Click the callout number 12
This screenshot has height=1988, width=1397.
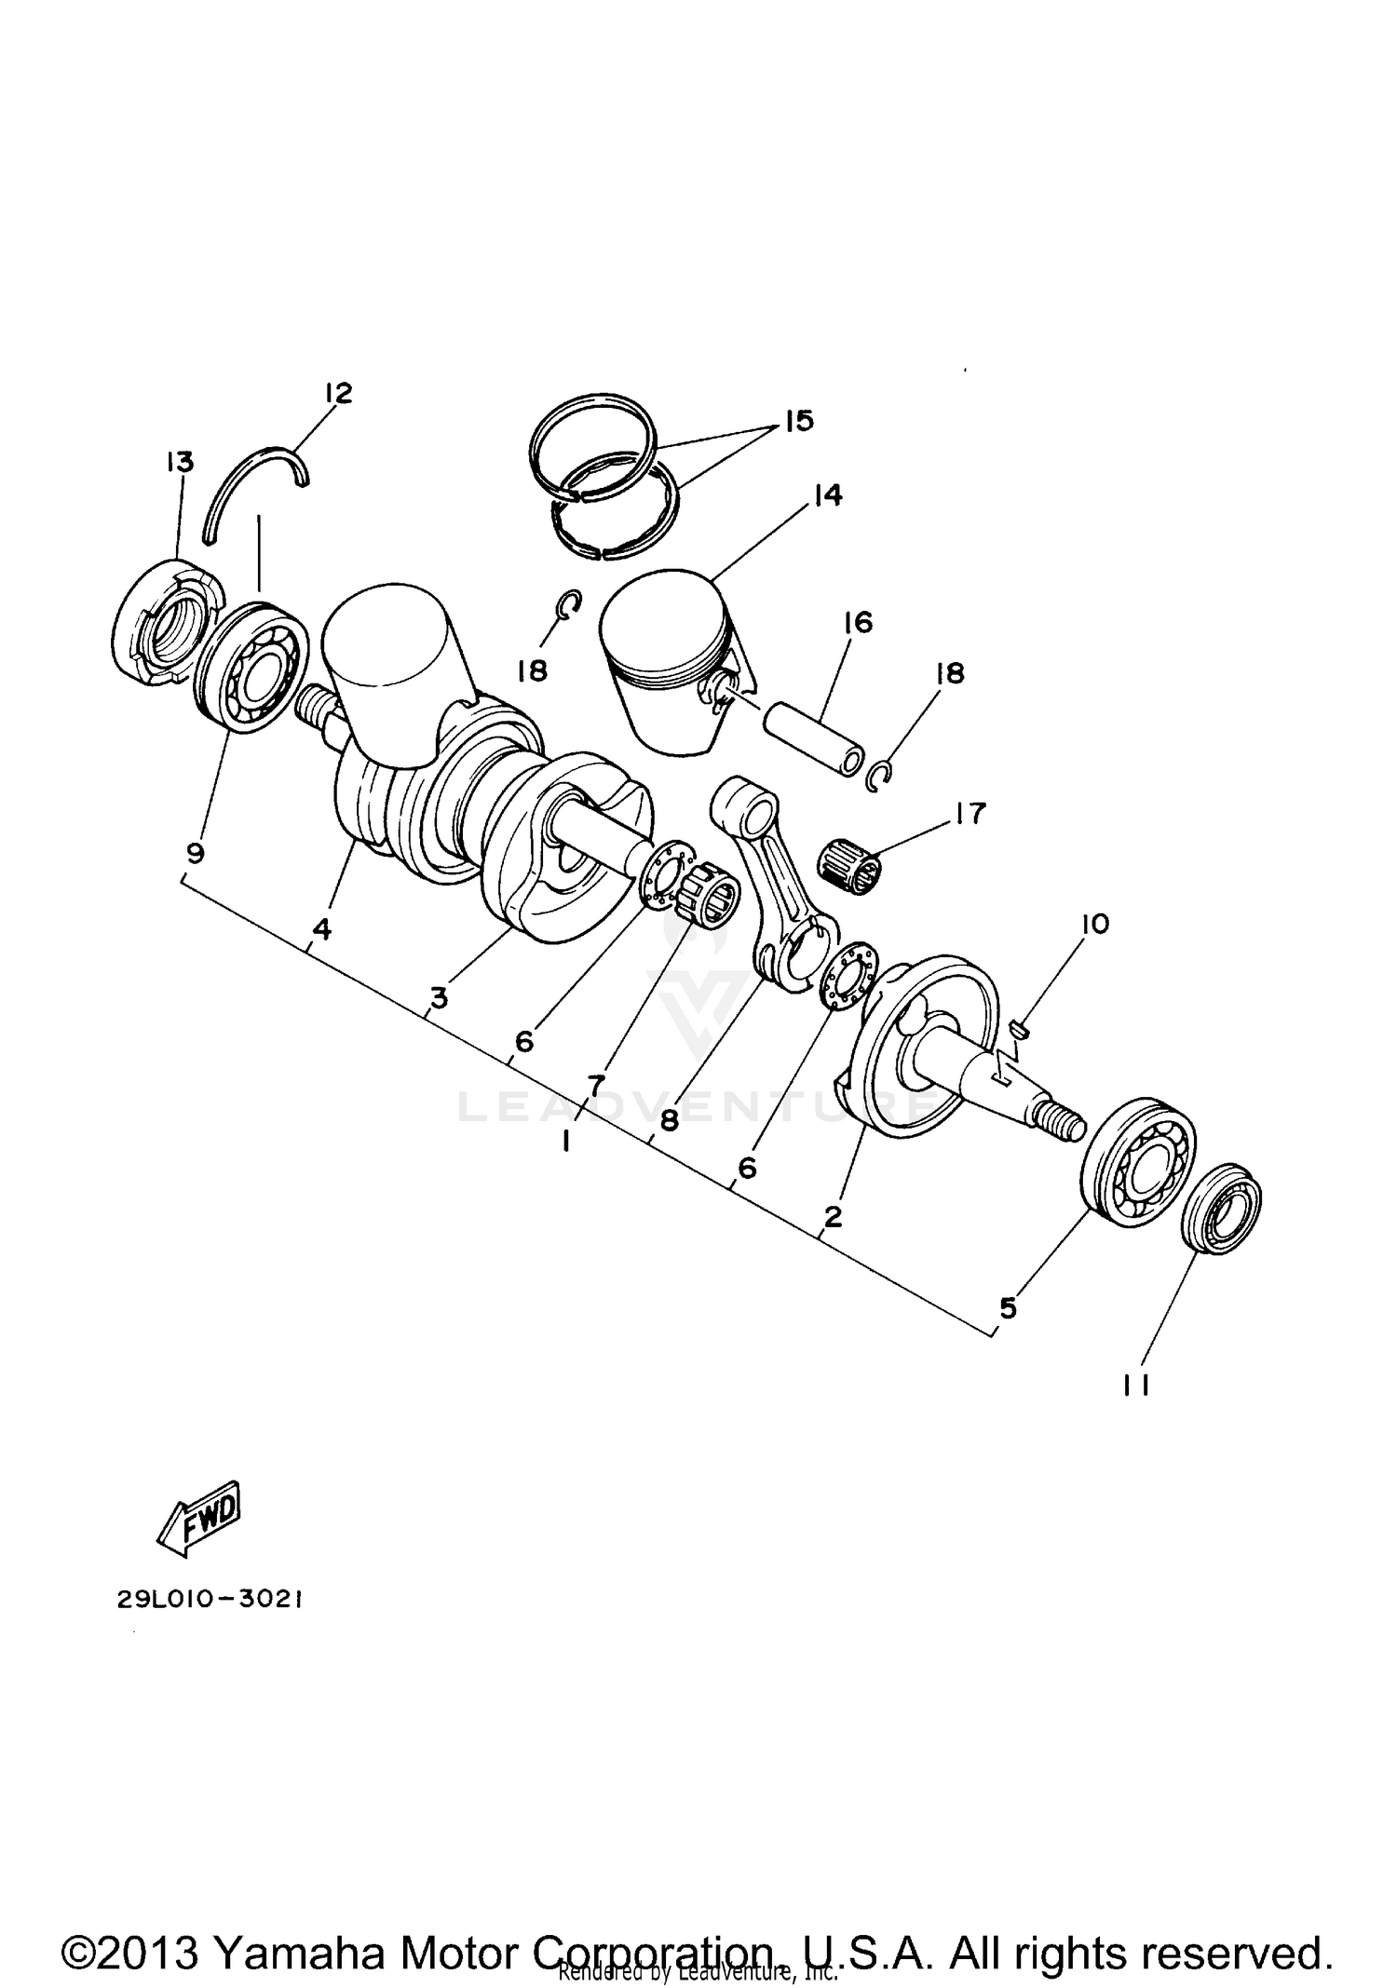click(338, 394)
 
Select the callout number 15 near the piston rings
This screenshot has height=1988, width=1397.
click(798, 421)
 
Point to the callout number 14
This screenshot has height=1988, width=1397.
click(826, 495)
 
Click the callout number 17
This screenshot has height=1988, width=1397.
click(969, 814)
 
